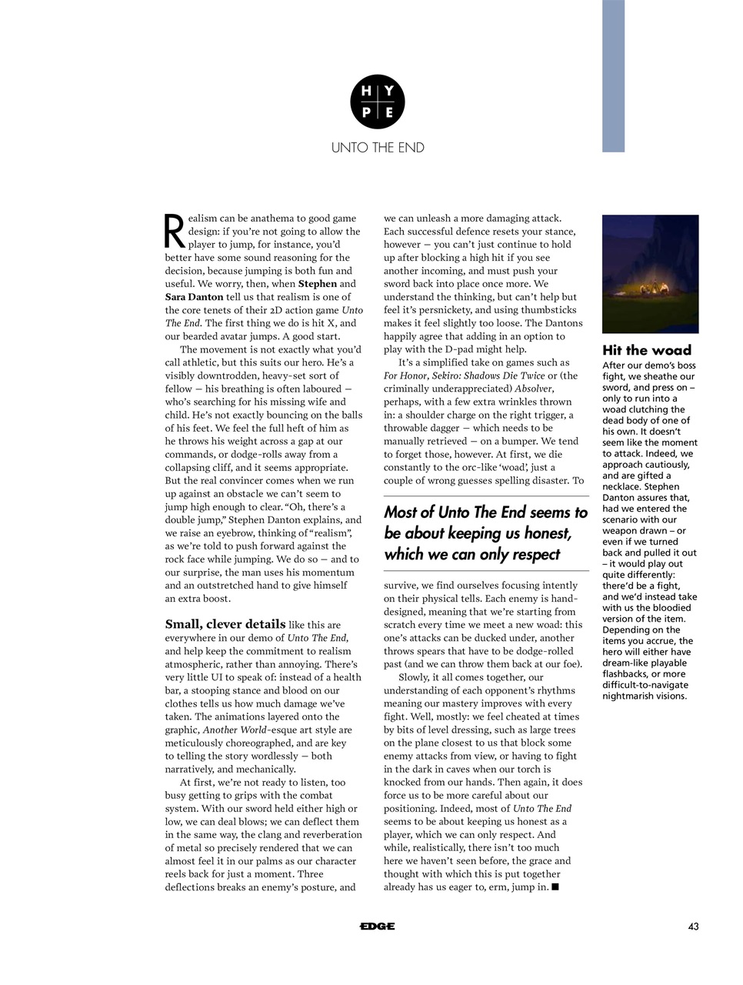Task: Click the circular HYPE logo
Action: click(x=377, y=102)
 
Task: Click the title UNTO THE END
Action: click(x=377, y=148)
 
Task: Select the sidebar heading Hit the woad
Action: click(x=646, y=350)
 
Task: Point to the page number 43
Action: click(x=693, y=927)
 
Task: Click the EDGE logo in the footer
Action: click(x=377, y=927)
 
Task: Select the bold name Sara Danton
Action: click(x=194, y=297)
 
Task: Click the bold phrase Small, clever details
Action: click(x=225, y=624)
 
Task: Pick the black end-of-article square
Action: click(x=555, y=887)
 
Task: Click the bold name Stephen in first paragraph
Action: click(x=317, y=284)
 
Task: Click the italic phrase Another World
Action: click(x=234, y=730)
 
